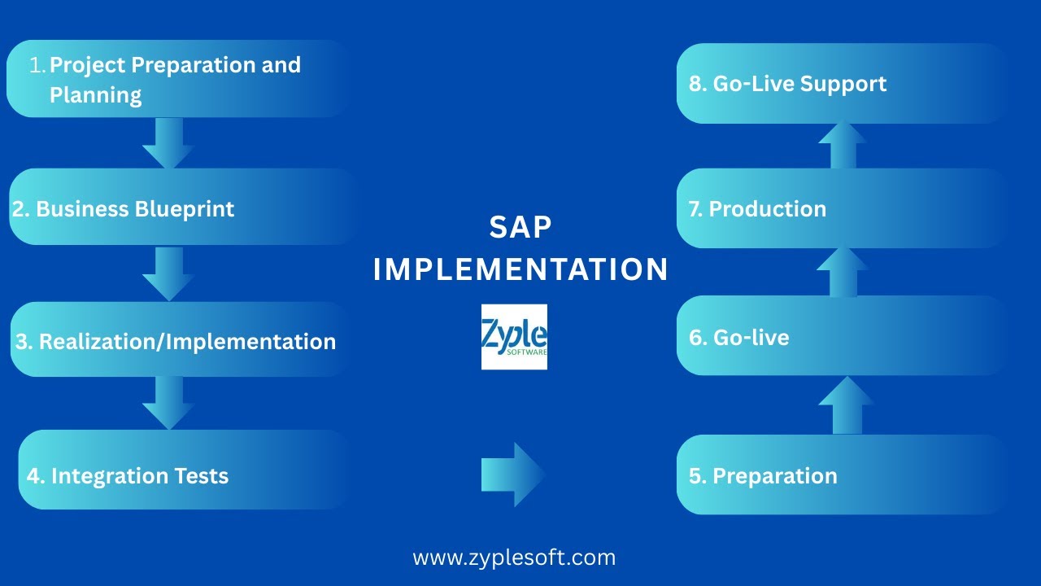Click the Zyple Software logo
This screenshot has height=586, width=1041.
(514, 337)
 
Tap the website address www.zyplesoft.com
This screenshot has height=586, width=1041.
(514, 558)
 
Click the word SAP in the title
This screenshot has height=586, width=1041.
(520, 228)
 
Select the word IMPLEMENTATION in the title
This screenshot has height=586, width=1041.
(520, 269)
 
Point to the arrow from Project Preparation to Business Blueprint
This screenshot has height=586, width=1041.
(168, 143)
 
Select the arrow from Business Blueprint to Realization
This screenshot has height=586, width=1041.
(168, 273)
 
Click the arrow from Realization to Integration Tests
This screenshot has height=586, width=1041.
(168, 403)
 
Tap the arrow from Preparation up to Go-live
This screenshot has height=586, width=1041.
(846, 405)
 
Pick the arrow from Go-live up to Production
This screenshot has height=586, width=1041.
(843, 272)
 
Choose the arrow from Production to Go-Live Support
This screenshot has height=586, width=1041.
(843, 145)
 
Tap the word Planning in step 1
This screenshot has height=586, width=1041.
(96, 95)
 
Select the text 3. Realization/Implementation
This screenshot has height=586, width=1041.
(176, 341)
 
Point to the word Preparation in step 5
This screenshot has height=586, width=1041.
(774, 476)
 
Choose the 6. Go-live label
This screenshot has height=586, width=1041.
(739, 338)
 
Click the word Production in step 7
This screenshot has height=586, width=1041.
(767, 209)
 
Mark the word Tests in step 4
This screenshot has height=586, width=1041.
(200, 476)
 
